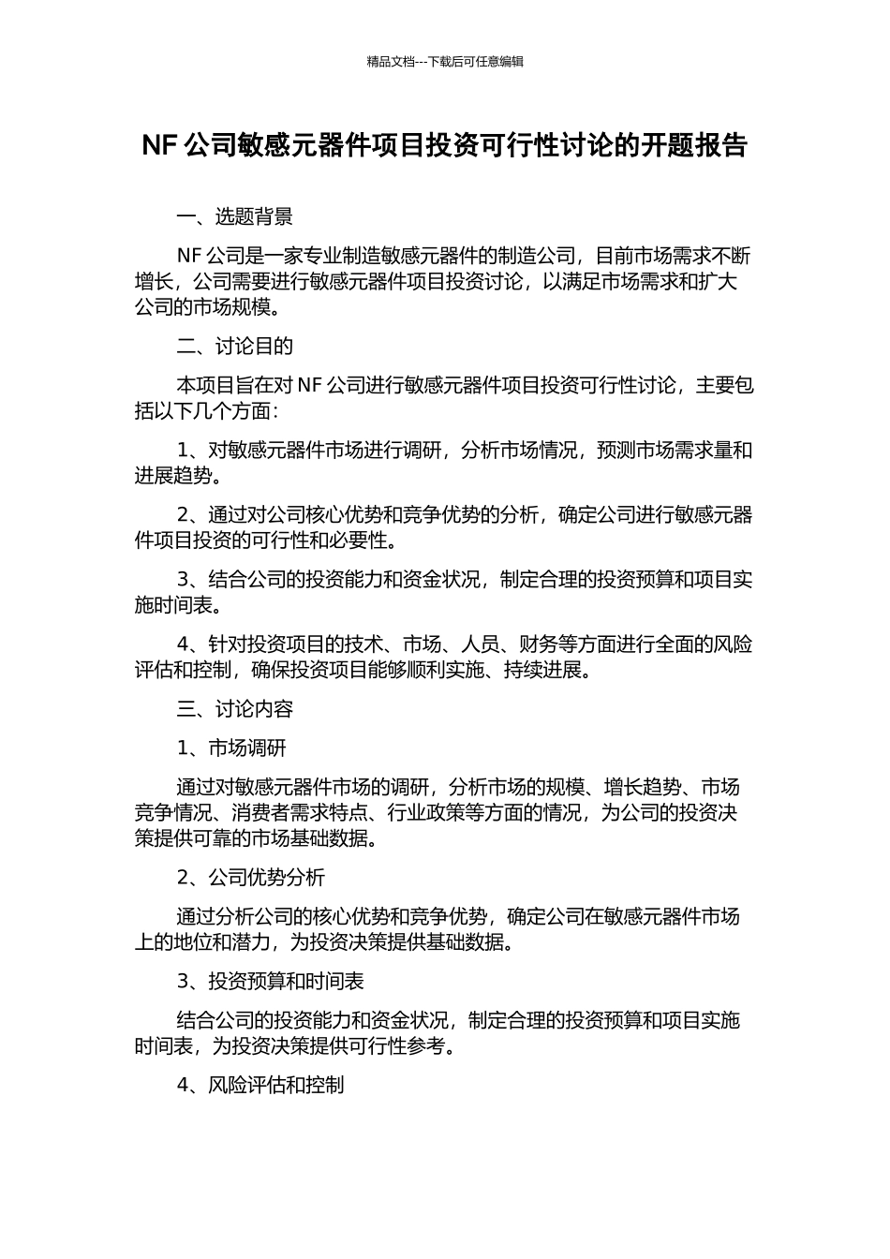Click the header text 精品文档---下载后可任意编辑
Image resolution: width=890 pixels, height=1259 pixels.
click(445, 62)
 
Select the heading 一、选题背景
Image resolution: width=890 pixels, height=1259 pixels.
click(234, 217)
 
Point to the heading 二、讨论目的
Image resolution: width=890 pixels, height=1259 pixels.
click(234, 347)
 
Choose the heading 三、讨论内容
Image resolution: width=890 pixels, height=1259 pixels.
click(234, 709)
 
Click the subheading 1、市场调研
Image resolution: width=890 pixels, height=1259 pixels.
click(231, 748)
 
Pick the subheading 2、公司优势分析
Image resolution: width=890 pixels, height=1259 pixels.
click(251, 878)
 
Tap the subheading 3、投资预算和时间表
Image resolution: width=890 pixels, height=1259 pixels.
click(270, 982)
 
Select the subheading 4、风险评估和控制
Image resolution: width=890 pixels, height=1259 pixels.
click(260, 1085)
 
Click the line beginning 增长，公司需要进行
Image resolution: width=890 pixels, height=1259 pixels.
click(436, 282)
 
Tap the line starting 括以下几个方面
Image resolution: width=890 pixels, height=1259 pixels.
click(207, 411)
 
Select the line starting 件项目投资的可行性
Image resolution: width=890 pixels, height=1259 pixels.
click(265, 541)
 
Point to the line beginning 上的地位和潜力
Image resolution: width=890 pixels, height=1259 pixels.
click(324, 942)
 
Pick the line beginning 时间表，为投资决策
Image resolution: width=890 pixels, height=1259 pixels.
click(296, 1045)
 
